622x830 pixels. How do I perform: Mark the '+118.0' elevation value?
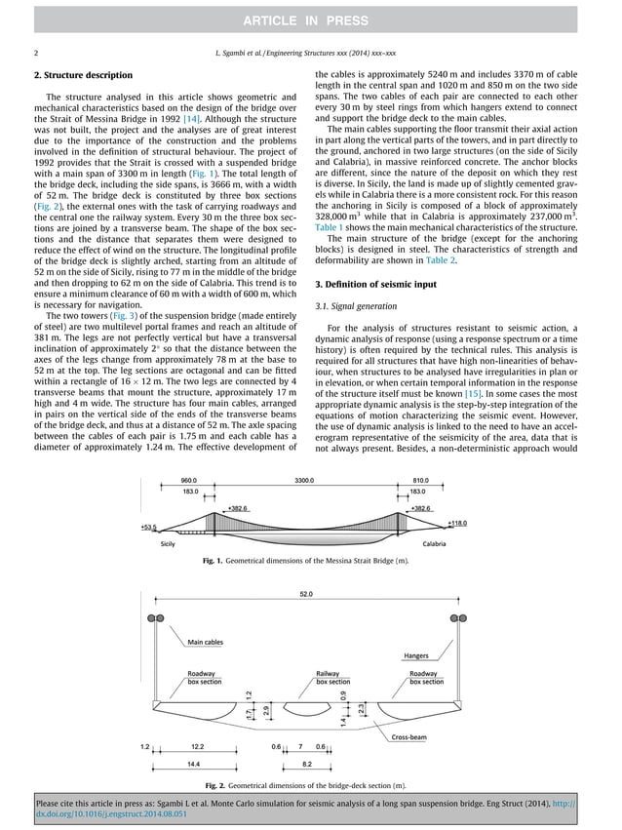457,523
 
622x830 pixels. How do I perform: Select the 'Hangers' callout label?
416,655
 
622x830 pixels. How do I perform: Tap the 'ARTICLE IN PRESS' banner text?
310,20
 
